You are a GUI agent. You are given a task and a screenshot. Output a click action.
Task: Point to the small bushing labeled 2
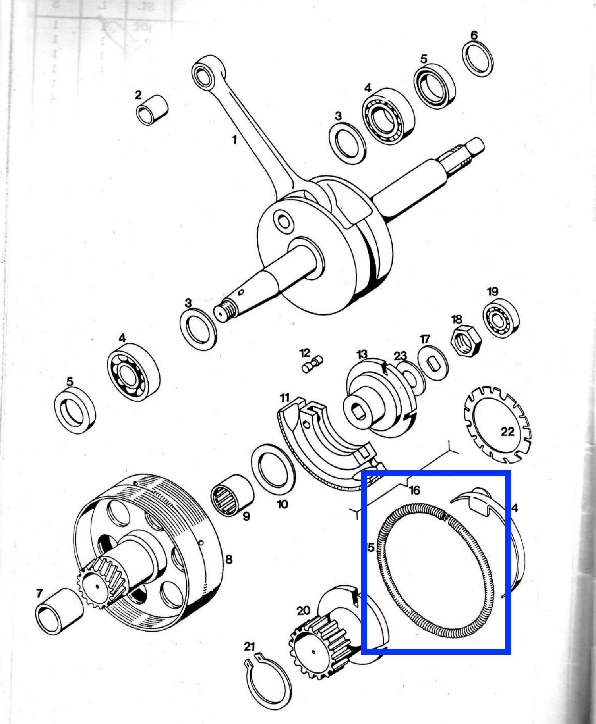[152, 110]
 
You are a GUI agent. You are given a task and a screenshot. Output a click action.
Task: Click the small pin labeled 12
[313, 364]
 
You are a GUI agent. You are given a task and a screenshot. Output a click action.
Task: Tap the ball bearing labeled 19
[501, 318]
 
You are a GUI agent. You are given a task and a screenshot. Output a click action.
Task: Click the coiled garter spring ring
[435, 572]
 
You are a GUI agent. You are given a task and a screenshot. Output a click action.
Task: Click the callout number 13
[362, 354]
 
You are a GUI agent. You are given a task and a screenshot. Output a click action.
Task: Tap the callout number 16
[414, 491]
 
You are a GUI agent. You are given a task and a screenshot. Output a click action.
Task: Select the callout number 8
[229, 559]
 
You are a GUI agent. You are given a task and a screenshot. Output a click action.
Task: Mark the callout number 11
[284, 397]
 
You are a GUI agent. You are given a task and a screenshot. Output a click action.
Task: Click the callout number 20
[303, 610]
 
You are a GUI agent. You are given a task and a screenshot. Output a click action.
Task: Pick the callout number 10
[283, 504]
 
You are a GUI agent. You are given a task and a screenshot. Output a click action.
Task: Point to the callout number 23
[400, 356]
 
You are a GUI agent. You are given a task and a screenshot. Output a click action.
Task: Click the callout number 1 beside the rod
[234, 140]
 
